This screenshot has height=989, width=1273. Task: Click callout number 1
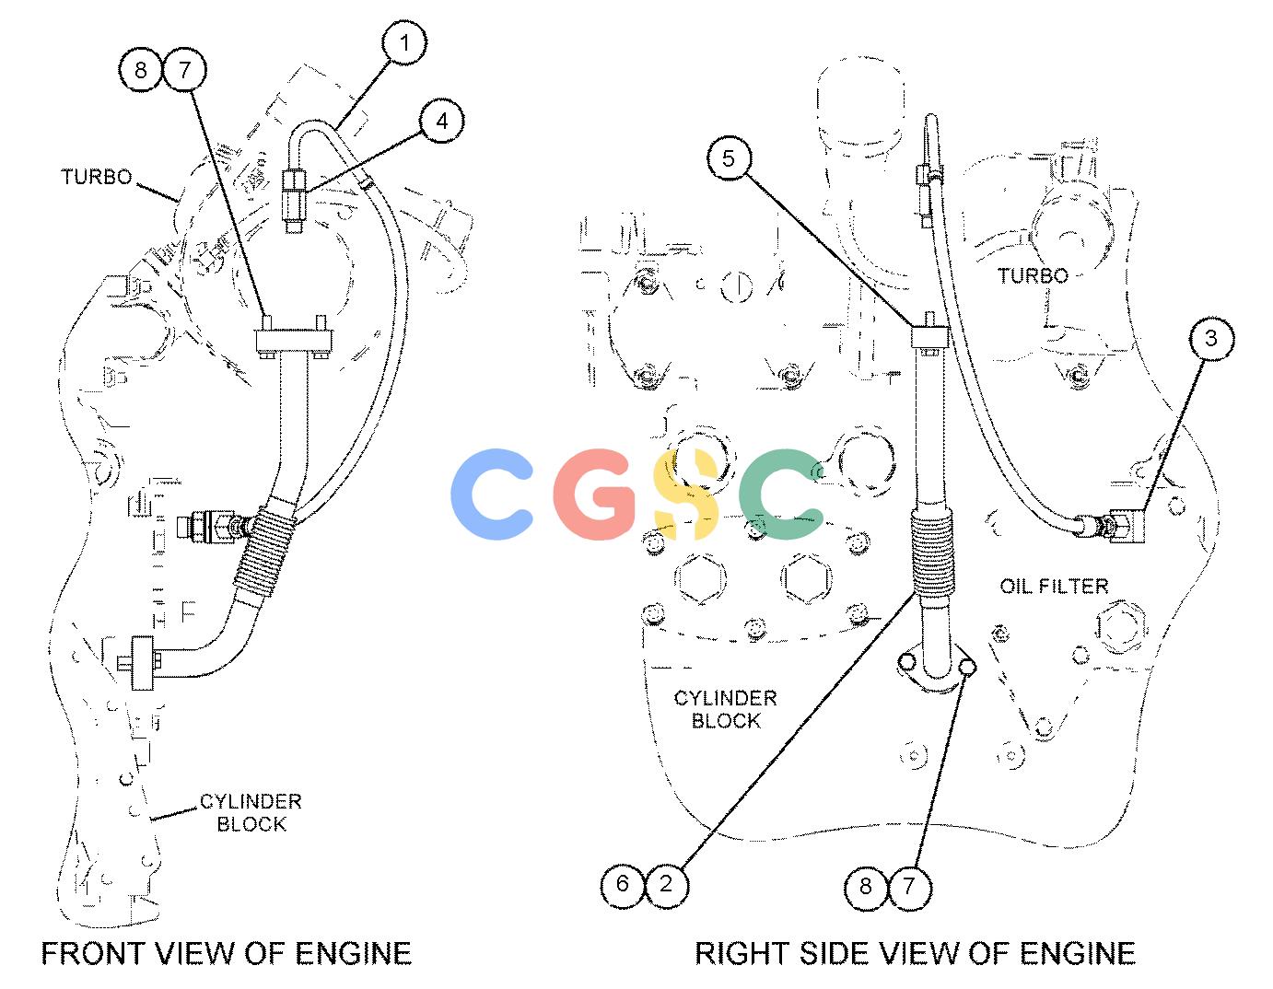[x=403, y=42]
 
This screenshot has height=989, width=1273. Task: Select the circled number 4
[x=442, y=121]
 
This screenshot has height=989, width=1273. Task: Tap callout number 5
[x=729, y=158]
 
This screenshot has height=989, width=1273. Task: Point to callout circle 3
[x=1211, y=338]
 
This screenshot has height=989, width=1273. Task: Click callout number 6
[x=623, y=884]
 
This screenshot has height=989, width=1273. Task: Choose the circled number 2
[x=666, y=884]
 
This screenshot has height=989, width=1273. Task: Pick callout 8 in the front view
[x=141, y=70]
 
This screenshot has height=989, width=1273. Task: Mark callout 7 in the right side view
[x=909, y=886]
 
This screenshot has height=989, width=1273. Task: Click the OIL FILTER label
[x=1054, y=587]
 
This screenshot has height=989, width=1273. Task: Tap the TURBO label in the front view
[x=97, y=177]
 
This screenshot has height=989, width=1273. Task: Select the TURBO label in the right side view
[x=1034, y=275]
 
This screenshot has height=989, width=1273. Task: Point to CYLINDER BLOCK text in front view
[x=251, y=813]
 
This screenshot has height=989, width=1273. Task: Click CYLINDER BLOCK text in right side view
[x=725, y=710]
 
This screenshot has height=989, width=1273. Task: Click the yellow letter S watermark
[x=685, y=494]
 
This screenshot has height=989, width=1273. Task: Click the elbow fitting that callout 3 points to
[x=1124, y=525]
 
